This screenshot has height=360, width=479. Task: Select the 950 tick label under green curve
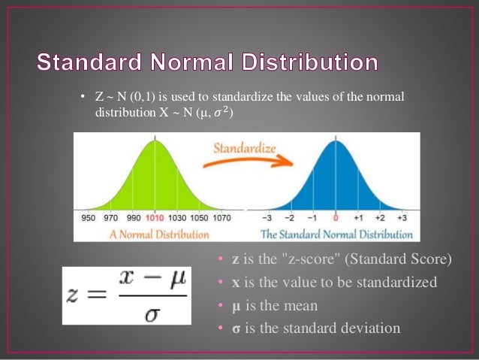[x=89, y=217]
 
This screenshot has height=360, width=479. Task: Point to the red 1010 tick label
[x=155, y=217]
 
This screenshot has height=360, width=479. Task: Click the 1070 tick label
[x=221, y=217]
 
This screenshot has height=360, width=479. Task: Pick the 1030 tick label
[x=176, y=217]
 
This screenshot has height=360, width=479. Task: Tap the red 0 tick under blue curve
[x=336, y=217]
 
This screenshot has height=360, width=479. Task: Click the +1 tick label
[x=358, y=217]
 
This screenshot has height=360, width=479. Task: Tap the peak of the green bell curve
[x=155, y=141]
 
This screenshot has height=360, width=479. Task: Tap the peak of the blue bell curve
[x=336, y=141]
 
